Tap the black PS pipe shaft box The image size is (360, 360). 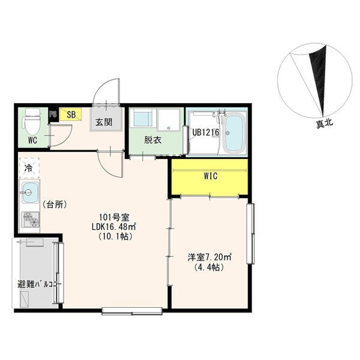pos(53,115)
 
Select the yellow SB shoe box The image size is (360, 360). pos(70,114)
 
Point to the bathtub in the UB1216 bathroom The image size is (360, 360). pos(234,134)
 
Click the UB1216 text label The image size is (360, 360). pos(206,132)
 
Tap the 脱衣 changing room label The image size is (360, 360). pos(153,140)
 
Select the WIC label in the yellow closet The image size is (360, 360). pos(211,176)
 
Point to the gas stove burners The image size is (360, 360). pos(31,219)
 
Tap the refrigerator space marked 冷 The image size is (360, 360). pos(29,168)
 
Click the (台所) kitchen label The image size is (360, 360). pos(55,205)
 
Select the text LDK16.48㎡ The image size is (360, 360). pos(114,227)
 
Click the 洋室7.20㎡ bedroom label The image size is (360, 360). pos(209,257)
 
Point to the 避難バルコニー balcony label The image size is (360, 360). pos(39,284)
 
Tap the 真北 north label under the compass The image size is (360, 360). pos(325,124)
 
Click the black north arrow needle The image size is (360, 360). pos(319,80)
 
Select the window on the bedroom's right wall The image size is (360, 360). pos(251,233)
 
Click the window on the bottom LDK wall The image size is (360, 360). pos(132,311)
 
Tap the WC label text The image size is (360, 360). pos(32,140)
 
